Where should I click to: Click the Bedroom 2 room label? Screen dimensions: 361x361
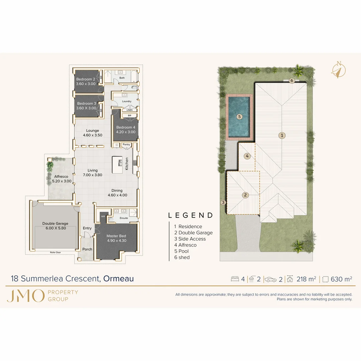click(86, 79)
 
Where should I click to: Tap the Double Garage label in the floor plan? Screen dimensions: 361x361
click(55, 224)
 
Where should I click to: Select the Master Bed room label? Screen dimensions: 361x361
click(116, 236)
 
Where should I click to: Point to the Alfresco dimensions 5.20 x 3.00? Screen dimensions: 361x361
click(62, 181)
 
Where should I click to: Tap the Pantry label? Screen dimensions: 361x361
click(126, 144)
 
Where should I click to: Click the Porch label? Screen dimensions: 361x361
click(87, 249)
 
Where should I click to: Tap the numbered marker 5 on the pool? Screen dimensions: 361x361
click(239, 117)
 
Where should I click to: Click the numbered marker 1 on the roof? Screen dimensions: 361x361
click(282, 135)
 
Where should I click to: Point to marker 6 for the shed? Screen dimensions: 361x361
click(291, 81)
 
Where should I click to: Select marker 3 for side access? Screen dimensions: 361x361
click(223, 202)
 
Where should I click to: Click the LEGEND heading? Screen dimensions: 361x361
click(190, 216)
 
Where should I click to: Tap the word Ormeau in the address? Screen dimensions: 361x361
click(118, 278)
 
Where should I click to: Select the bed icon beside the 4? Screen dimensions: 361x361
click(235, 279)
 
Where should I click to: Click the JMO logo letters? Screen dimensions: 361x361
click(25, 296)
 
